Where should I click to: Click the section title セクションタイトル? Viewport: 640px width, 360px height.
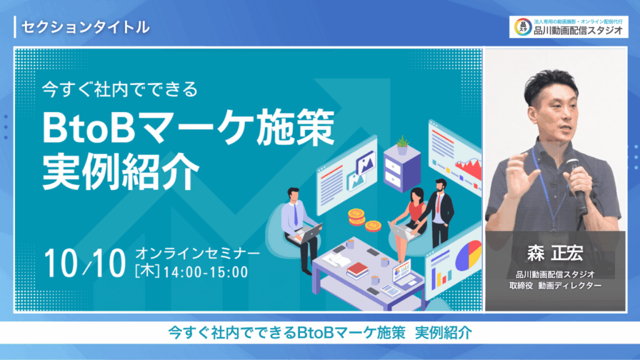tap(85, 27)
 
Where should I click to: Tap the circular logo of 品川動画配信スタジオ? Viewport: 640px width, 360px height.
tap(522, 27)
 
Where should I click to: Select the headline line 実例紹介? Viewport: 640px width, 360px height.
tap(121, 172)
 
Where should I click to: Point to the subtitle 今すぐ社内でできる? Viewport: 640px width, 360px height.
tap(120, 89)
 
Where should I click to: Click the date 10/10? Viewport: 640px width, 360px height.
tap(85, 263)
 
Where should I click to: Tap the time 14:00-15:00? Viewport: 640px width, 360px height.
tap(206, 272)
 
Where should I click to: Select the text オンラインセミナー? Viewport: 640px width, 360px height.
tap(197, 254)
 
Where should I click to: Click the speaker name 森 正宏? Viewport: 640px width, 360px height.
tap(555, 253)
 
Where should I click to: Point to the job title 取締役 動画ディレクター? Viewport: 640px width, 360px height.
tap(555, 286)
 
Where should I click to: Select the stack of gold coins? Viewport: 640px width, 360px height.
tap(356, 216)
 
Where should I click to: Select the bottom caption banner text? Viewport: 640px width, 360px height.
tap(320, 332)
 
